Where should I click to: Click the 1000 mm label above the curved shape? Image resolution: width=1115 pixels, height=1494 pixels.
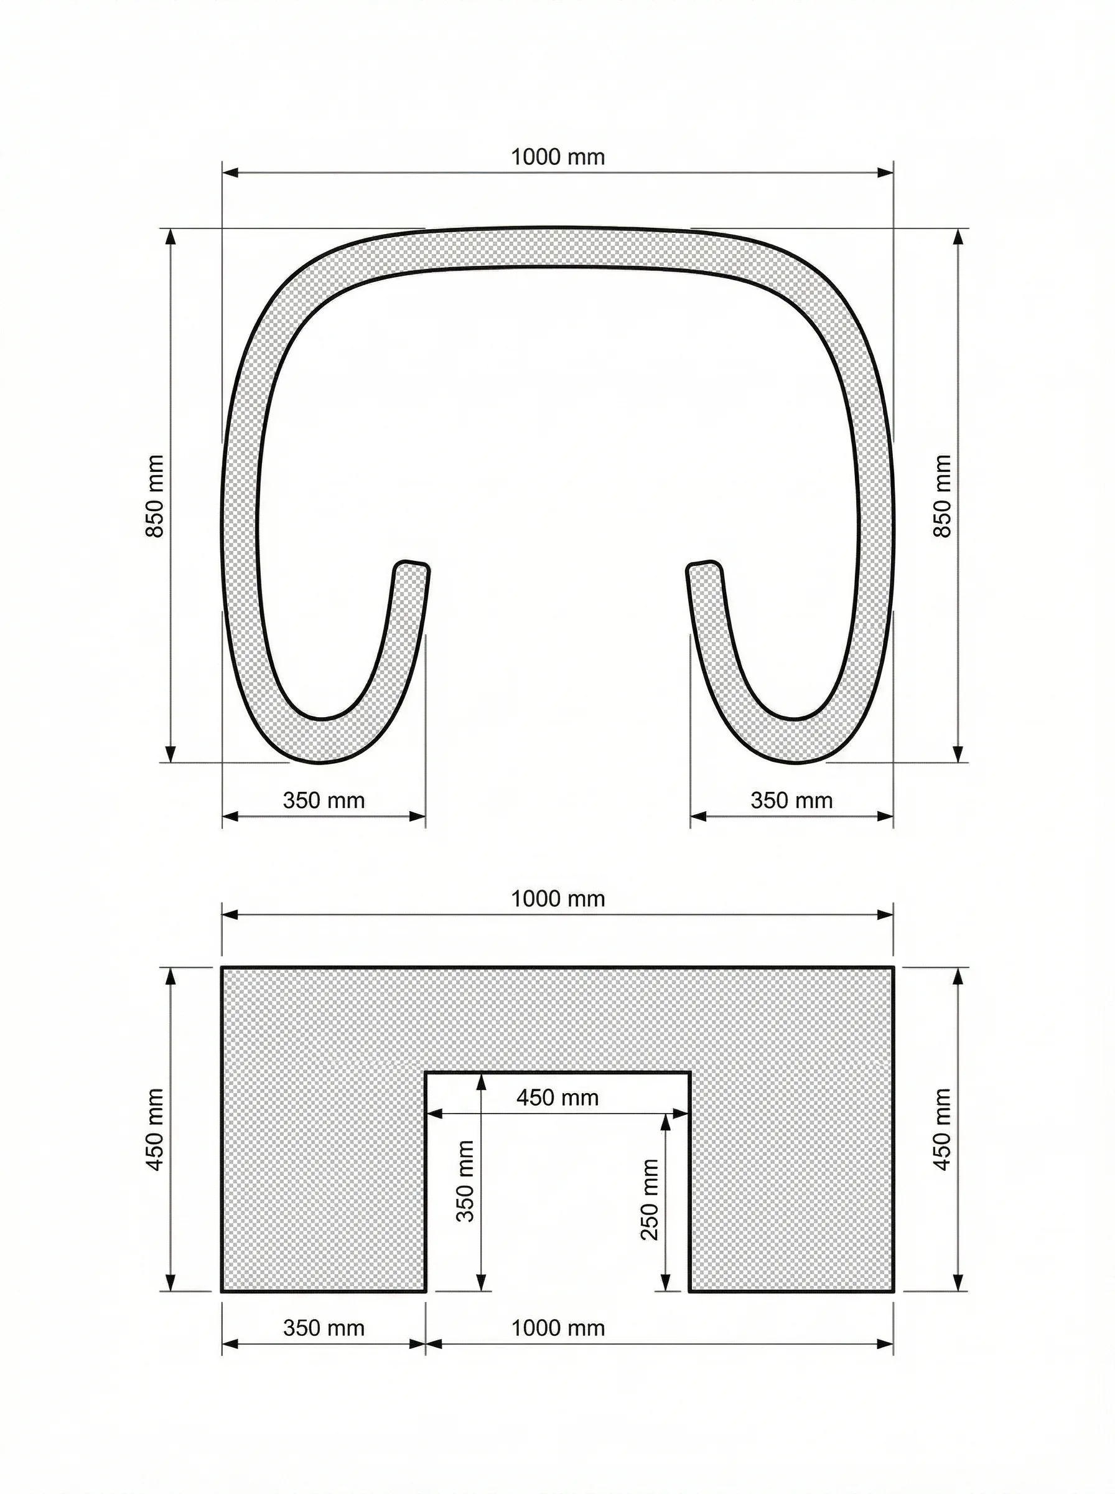557,157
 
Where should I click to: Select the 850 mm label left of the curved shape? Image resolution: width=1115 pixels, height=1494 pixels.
155,496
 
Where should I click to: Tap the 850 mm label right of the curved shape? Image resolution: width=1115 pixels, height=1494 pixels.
943,496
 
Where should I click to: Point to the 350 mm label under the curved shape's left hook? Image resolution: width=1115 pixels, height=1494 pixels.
324,801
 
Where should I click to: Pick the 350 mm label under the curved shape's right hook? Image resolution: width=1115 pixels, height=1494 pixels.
791,801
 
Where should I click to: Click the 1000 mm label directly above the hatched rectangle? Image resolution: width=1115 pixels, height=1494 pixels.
557,900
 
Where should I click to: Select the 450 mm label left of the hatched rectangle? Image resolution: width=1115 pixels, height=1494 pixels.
155,1129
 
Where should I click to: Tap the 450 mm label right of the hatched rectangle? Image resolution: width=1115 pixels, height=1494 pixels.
943,1129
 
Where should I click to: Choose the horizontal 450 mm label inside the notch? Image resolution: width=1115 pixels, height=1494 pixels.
557,1098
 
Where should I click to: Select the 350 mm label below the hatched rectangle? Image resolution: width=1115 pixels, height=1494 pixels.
324,1328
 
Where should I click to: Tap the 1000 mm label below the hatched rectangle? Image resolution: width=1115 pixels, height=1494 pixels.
557,1328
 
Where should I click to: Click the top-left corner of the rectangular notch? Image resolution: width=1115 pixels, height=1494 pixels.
426,1072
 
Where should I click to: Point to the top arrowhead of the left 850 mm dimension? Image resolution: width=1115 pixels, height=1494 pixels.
170,237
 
